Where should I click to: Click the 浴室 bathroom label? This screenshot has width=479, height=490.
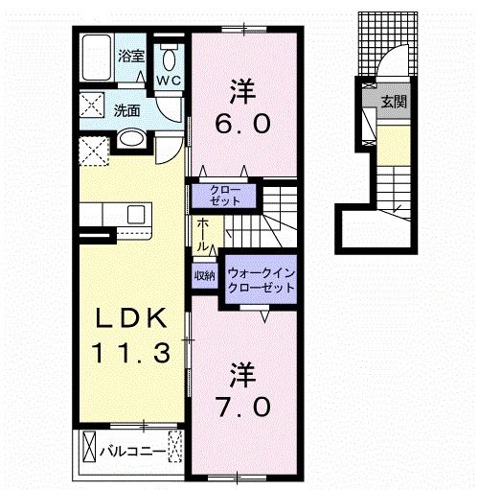(132, 57)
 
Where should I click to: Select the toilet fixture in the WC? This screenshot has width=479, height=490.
(169, 53)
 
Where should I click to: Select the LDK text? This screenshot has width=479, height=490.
(132, 319)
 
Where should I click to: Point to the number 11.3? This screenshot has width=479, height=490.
(133, 354)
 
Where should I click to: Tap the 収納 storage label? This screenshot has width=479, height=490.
(203, 276)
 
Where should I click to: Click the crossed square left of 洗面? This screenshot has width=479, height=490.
(92, 108)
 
